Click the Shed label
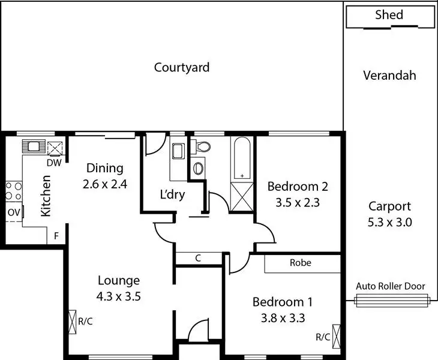(x=389, y=15)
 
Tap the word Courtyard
(x=182, y=67)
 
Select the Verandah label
(x=389, y=76)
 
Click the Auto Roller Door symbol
(x=393, y=300)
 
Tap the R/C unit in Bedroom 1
(x=336, y=333)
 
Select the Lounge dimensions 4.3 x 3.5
(x=119, y=295)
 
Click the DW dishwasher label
(x=54, y=163)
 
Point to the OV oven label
(x=13, y=212)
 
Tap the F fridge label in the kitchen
(x=56, y=236)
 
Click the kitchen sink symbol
(x=31, y=145)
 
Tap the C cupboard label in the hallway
(x=197, y=259)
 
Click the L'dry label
(x=172, y=194)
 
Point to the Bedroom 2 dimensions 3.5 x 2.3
(x=298, y=202)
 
